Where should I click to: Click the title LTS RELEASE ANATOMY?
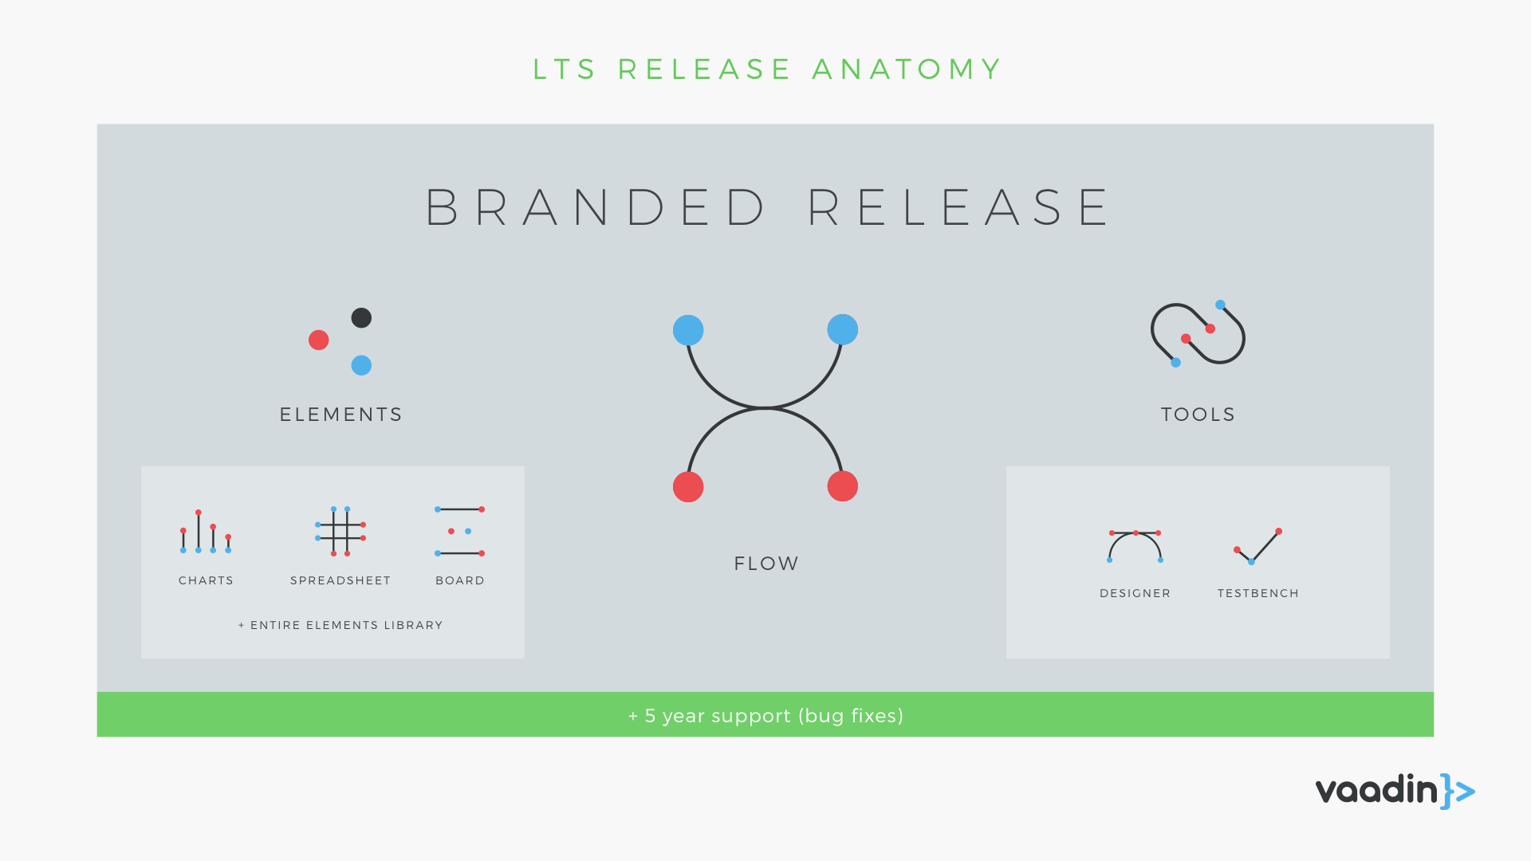(x=766, y=69)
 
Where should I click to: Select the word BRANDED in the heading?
(x=596, y=207)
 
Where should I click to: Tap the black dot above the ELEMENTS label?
(x=361, y=318)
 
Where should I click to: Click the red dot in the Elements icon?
(x=319, y=340)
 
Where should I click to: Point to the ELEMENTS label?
(x=341, y=415)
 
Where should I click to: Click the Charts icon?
(x=206, y=532)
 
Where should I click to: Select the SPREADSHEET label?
(x=340, y=580)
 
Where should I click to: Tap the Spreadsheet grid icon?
(x=340, y=531)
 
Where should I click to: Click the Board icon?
(x=460, y=531)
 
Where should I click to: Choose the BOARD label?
(x=460, y=580)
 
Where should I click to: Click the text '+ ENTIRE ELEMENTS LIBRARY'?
(x=340, y=625)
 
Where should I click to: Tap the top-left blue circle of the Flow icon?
(x=688, y=330)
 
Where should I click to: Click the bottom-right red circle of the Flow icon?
(x=843, y=486)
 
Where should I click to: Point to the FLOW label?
(x=766, y=564)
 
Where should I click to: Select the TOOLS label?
(x=1198, y=415)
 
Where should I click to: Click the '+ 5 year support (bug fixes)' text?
(x=766, y=716)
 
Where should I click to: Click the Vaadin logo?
(x=1395, y=791)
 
